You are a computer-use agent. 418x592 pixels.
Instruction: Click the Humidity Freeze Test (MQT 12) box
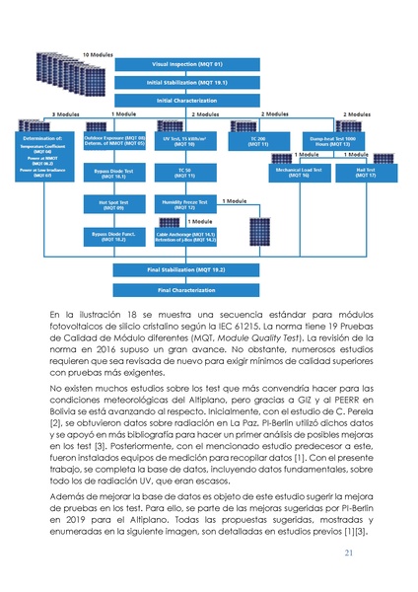coord(183,205)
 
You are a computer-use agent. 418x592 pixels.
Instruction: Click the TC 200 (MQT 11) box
coord(258,141)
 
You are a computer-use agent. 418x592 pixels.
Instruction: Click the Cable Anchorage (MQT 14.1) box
coord(183,237)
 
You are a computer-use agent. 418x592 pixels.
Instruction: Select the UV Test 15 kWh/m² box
coord(183,141)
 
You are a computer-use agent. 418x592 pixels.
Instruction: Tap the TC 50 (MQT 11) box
coord(183,173)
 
